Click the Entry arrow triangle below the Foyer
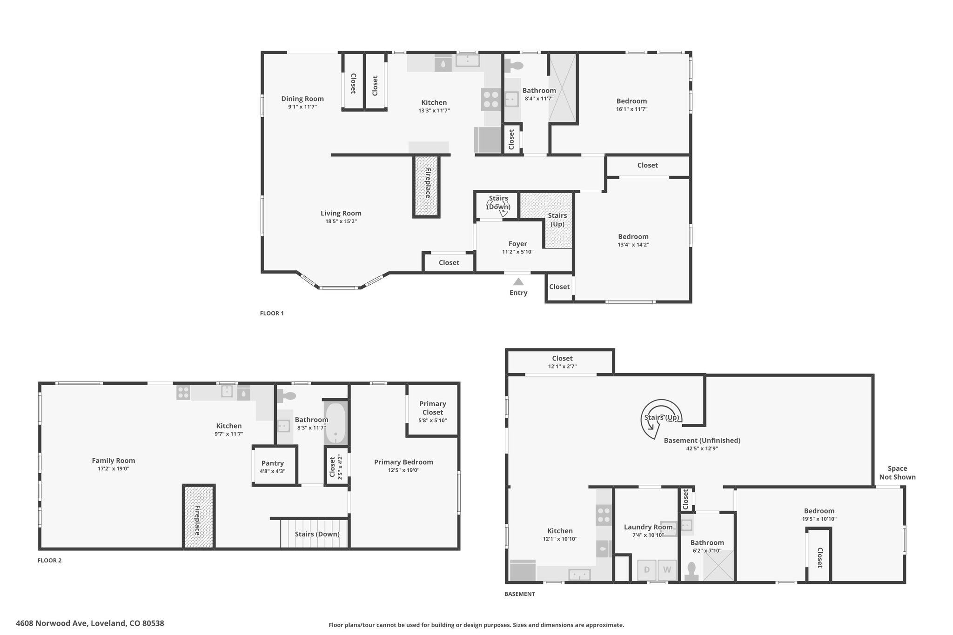pyautogui.click(x=518, y=281)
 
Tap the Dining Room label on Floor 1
pyautogui.click(x=302, y=99)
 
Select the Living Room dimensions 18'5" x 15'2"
pyautogui.click(x=341, y=221)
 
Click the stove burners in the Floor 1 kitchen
pyautogui.click(x=490, y=99)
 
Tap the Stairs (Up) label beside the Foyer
pyautogui.click(x=557, y=220)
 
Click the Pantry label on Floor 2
pyautogui.click(x=273, y=463)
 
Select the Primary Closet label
pyautogui.click(x=433, y=408)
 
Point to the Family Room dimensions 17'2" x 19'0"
pyautogui.click(x=114, y=469)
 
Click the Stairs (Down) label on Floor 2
pyautogui.click(x=317, y=534)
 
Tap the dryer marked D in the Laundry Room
pyautogui.click(x=647, y=569)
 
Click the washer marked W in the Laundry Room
pyautogui.click(x=667, y=569)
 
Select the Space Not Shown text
pyautogui.click(x=897, y=473)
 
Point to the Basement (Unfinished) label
pyautogui.click(x=702, y=441)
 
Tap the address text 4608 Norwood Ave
pyautogui.click(x=51, y=623)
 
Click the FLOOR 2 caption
pyautogui.click(x=49, y=561)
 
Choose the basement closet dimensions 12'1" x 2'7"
pyautogui.click(x=562, y=366)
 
